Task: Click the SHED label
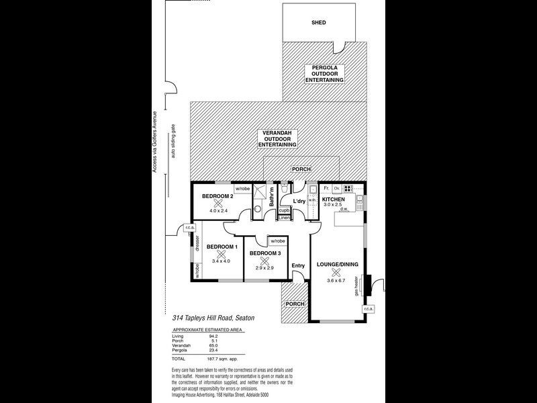[x=319, y=22]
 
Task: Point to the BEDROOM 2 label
[x=217, y=196]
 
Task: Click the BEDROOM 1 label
[x=221, y=247]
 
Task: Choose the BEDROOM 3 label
[x=265, y=253]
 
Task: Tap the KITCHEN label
[x=334, y=199]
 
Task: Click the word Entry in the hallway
[x=299, y=265]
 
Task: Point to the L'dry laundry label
[x=299, y=201]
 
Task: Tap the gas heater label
[x=356, y=285]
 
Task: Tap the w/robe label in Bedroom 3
[x=278, y=240]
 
